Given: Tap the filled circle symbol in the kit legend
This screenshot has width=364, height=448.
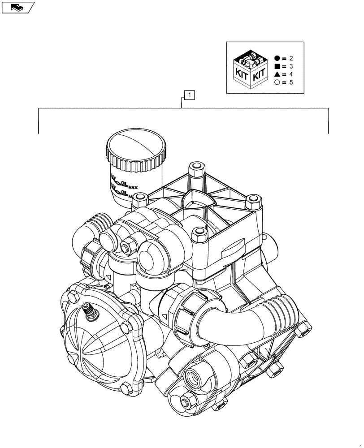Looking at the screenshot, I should click(x=277, y=58).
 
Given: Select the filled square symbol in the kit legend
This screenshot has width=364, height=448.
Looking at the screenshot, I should click(x=277, y=66).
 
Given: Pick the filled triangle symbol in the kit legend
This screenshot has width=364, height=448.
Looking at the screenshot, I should click(x=277, y=74).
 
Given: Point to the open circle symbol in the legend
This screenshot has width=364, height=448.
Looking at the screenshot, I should click(x=277, y=82).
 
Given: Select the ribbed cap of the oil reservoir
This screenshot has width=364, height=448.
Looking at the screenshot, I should click(x=137, y=150).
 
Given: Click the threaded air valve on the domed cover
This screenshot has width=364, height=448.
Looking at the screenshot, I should click(x=89, y=311).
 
